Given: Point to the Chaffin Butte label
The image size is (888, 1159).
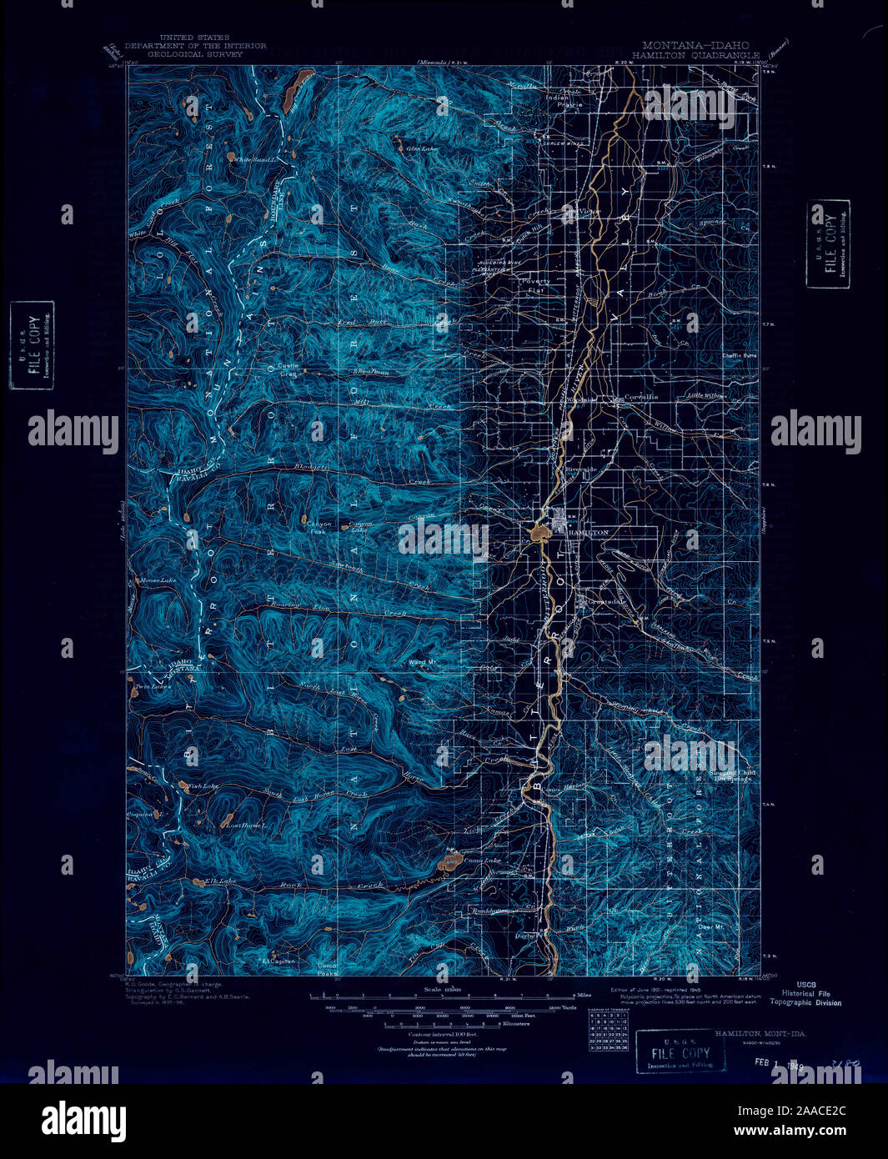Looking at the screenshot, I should [738, 355].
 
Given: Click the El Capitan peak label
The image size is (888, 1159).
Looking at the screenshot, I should [278, 961].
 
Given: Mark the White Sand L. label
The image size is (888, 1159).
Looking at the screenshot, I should [253, 159].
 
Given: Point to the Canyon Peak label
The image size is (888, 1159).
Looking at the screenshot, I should [320, 527].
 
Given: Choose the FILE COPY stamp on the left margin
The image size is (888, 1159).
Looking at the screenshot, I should [32, 345].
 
